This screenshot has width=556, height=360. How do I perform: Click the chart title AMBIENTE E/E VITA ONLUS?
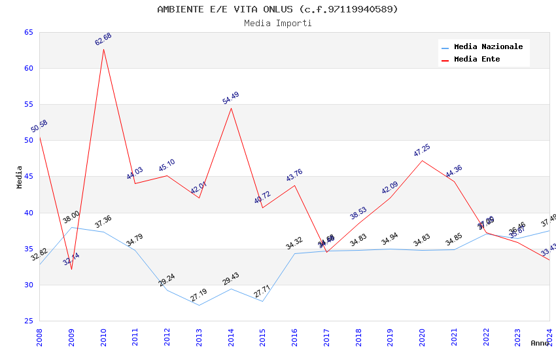(277, 9)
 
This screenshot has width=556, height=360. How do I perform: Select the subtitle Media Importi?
(277, 23)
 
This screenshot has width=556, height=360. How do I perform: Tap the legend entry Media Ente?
(477, 59)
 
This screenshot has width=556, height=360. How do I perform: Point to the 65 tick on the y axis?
(28, 32)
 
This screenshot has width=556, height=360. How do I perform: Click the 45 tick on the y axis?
(28, 177)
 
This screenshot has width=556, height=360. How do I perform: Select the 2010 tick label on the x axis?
(103, 337)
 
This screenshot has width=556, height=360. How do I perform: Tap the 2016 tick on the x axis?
(294, 337)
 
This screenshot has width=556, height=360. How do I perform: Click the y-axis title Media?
(19, 177)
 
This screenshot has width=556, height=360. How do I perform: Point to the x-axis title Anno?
(540, 343)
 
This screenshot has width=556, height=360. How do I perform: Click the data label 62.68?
(103, 39)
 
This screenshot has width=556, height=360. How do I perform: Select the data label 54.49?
(231, 98)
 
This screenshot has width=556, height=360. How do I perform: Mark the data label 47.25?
(422, 151)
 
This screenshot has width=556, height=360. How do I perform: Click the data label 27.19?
(199, 295)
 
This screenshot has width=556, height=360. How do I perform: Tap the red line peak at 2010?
(103, 49)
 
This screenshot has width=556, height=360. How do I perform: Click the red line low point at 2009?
(71, 269)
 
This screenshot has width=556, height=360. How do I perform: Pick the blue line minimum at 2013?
(199, 305)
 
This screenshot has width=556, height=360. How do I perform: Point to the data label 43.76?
(294, 175)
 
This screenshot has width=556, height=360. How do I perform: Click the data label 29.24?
(167, 280)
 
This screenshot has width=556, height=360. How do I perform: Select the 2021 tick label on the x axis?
(454, 337)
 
